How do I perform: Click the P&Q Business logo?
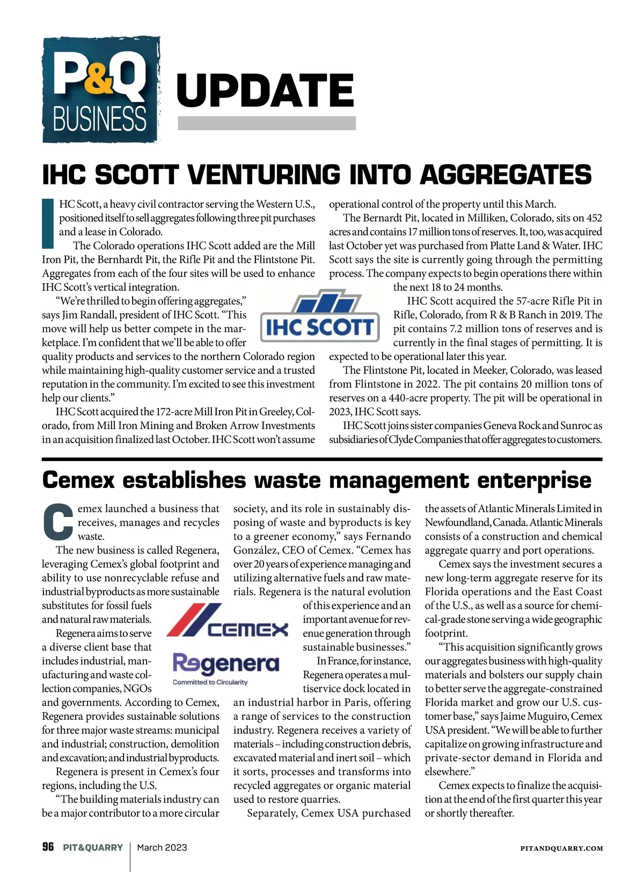pyautogui.click(x=100, y=90)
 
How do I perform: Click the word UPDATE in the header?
pyautogui.click(x=265, y=90)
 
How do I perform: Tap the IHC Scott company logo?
pyautogui.click(x=320, y=319)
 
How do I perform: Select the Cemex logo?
pyautogui.click(x=228, y=621)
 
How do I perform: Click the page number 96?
pyautogui.click(x=48, y=847)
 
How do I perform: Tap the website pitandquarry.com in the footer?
pyautogui.click(x=562, y=848)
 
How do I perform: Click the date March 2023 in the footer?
pyautogui.click(x=162, y=847)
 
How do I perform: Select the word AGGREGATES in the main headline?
pyautogui.click(x=506, y=175)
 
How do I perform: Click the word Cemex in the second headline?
pyautogui.click(x=78, y=480)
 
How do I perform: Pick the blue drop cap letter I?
pyautogui.click(x=48, y=224)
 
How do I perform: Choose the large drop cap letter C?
pyautogui.click(x=57, y=522)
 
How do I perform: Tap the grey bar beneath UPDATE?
pyautogui.click(x=267, y=123)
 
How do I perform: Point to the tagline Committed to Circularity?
pyautogui.click(x=210, y=682)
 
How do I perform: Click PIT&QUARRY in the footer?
pyautogui.click(x=93, y=847)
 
